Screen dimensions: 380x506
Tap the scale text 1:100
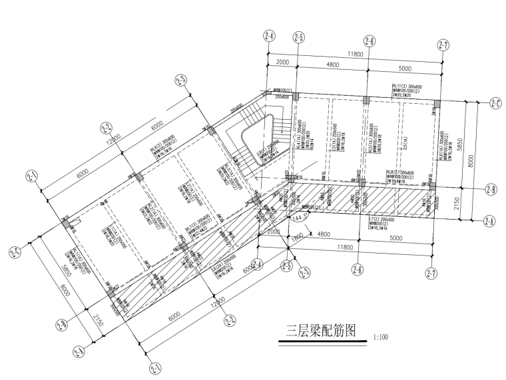(x=381, y=338)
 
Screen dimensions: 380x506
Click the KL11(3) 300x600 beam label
(x=407, y=86)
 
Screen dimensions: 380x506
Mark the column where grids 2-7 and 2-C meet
(x=437, y=104)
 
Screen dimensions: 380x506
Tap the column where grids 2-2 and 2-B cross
(x=183, y=247)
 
